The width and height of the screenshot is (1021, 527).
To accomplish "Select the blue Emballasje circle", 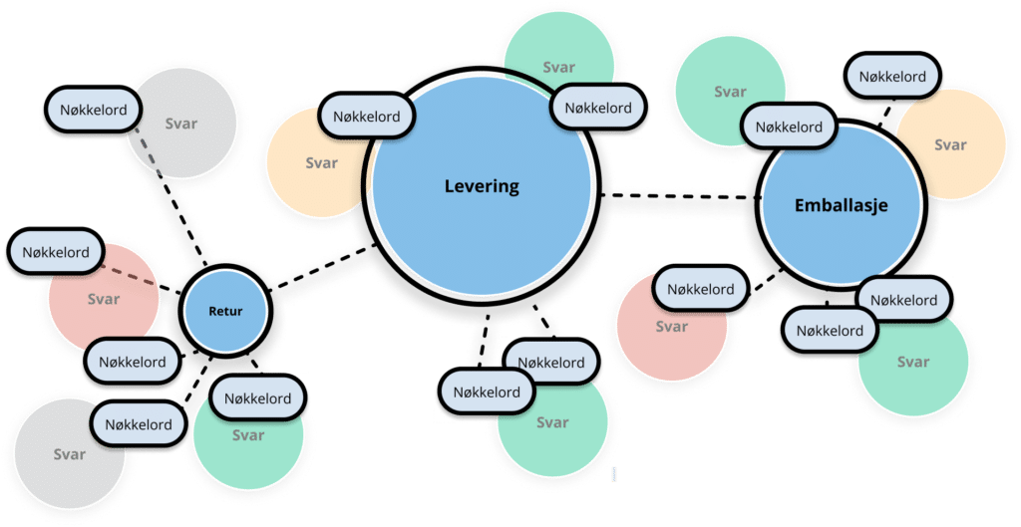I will pos(840,206).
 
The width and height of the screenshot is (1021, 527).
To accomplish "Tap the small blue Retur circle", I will pos(225,312).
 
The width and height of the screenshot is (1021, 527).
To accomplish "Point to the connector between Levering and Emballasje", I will pos(678,202).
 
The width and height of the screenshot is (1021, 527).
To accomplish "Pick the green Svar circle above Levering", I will pos(558,50).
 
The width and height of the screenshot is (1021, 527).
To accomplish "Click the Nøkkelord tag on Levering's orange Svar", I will pos(366,117).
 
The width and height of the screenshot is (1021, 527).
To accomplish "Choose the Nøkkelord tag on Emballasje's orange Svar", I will pos(892,77).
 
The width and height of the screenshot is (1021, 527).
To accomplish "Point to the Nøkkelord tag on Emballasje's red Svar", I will pos(700,290).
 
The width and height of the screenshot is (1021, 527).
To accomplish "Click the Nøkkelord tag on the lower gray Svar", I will pos(139,424).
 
